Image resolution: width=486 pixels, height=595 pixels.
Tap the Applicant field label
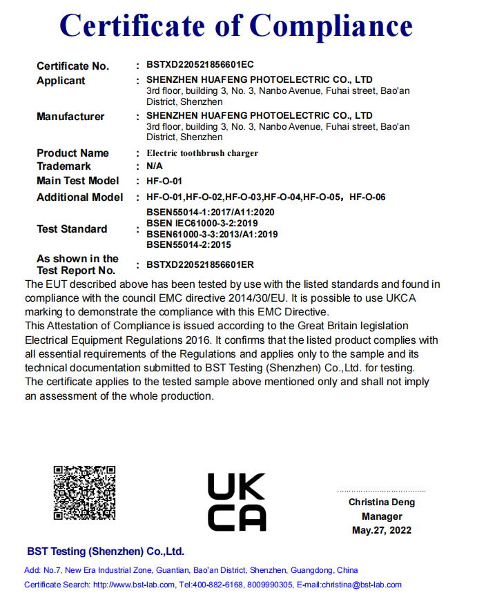[x=61, y=81]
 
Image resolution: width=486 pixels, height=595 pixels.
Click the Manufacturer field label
[x=70, y=117]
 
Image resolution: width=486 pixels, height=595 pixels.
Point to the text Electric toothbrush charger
[x=202, y=153]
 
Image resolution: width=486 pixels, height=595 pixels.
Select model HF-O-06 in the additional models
[x=367, y=197]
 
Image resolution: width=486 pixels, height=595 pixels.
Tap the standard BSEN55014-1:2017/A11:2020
[x=211, y=212]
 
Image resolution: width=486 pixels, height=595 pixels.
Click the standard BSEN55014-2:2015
[x=188, y=244]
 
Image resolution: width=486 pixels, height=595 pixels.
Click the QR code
[x=84, y=493]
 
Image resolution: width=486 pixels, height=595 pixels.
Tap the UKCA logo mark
[x=236, y=502]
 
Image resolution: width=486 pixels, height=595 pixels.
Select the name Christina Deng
[x=382, y=503]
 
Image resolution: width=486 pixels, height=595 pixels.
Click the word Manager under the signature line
[x=382, y=516]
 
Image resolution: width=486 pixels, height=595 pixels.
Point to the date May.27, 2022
[x=382, y=530]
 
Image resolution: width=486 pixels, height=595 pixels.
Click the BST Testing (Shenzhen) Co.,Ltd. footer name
[x=106, y=552]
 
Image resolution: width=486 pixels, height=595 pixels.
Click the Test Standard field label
[x=72, y=229]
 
